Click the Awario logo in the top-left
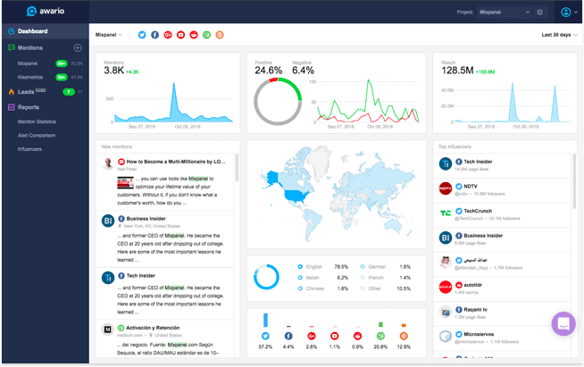45,12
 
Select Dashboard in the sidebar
32,32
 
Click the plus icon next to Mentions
78,47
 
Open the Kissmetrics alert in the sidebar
32,77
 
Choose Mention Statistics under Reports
37,121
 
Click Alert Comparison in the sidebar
37,135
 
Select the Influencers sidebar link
29,149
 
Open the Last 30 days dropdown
558,35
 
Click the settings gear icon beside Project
539,13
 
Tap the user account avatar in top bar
565,13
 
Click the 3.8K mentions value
113,71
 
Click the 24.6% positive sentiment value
268,71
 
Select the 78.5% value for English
340,266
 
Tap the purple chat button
563,323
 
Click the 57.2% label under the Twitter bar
265,346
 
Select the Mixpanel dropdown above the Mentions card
109,35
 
